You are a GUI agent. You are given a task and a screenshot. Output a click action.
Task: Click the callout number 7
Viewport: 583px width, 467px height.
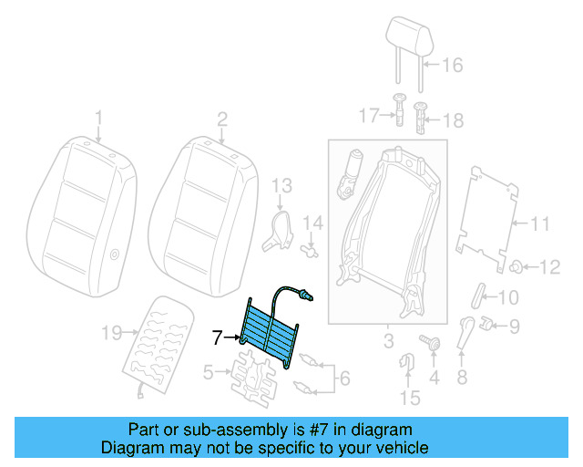(x=217, y=337)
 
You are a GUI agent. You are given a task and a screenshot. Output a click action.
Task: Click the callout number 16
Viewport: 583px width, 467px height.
(x=453, y=65)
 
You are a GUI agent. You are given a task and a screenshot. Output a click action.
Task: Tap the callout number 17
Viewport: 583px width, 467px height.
(x=367, y=116)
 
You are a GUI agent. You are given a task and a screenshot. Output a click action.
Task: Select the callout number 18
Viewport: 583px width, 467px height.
(x=453, y=119)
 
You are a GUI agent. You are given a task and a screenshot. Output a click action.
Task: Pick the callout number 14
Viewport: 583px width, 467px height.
(x=313, y=222)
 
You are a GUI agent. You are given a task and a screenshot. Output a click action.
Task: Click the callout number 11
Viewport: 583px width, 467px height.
(x=541, y=223)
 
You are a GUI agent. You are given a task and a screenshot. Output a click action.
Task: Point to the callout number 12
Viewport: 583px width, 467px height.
(x=550, y=267)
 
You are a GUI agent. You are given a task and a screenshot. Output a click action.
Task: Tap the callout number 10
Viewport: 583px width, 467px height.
(x=507, y=296)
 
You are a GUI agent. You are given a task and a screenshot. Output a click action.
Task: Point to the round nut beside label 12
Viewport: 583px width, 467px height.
(x=516, y=266)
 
